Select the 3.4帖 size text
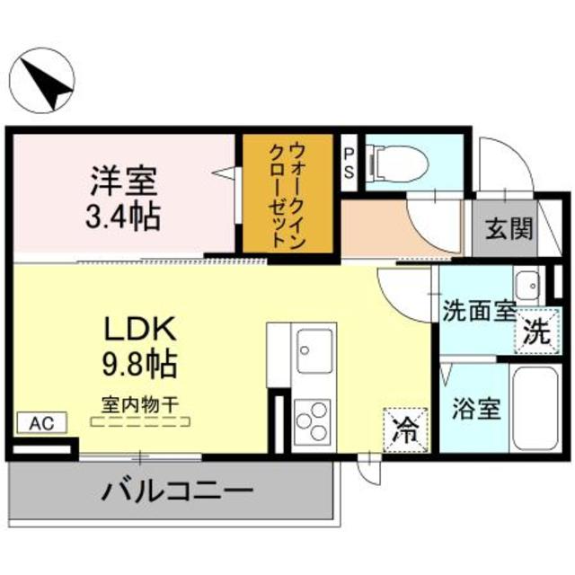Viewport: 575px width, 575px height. (124, 216)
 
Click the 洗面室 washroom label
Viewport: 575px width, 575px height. (479, 313)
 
